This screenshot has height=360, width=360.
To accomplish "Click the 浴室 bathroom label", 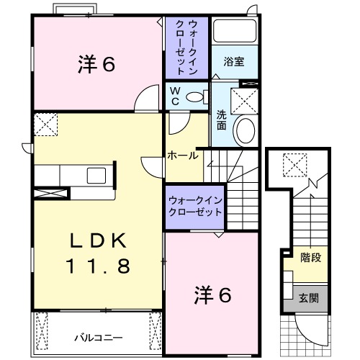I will point(233,62).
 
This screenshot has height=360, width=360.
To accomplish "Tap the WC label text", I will point(174,96).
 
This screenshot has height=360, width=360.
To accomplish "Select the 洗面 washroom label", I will point(222,120).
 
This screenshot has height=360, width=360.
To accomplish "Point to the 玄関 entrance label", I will point(309,297).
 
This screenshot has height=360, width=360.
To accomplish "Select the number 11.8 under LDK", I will point(99,266).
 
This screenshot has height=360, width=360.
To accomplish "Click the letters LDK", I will point(99,240).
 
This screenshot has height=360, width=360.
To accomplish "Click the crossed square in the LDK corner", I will point(44,124).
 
